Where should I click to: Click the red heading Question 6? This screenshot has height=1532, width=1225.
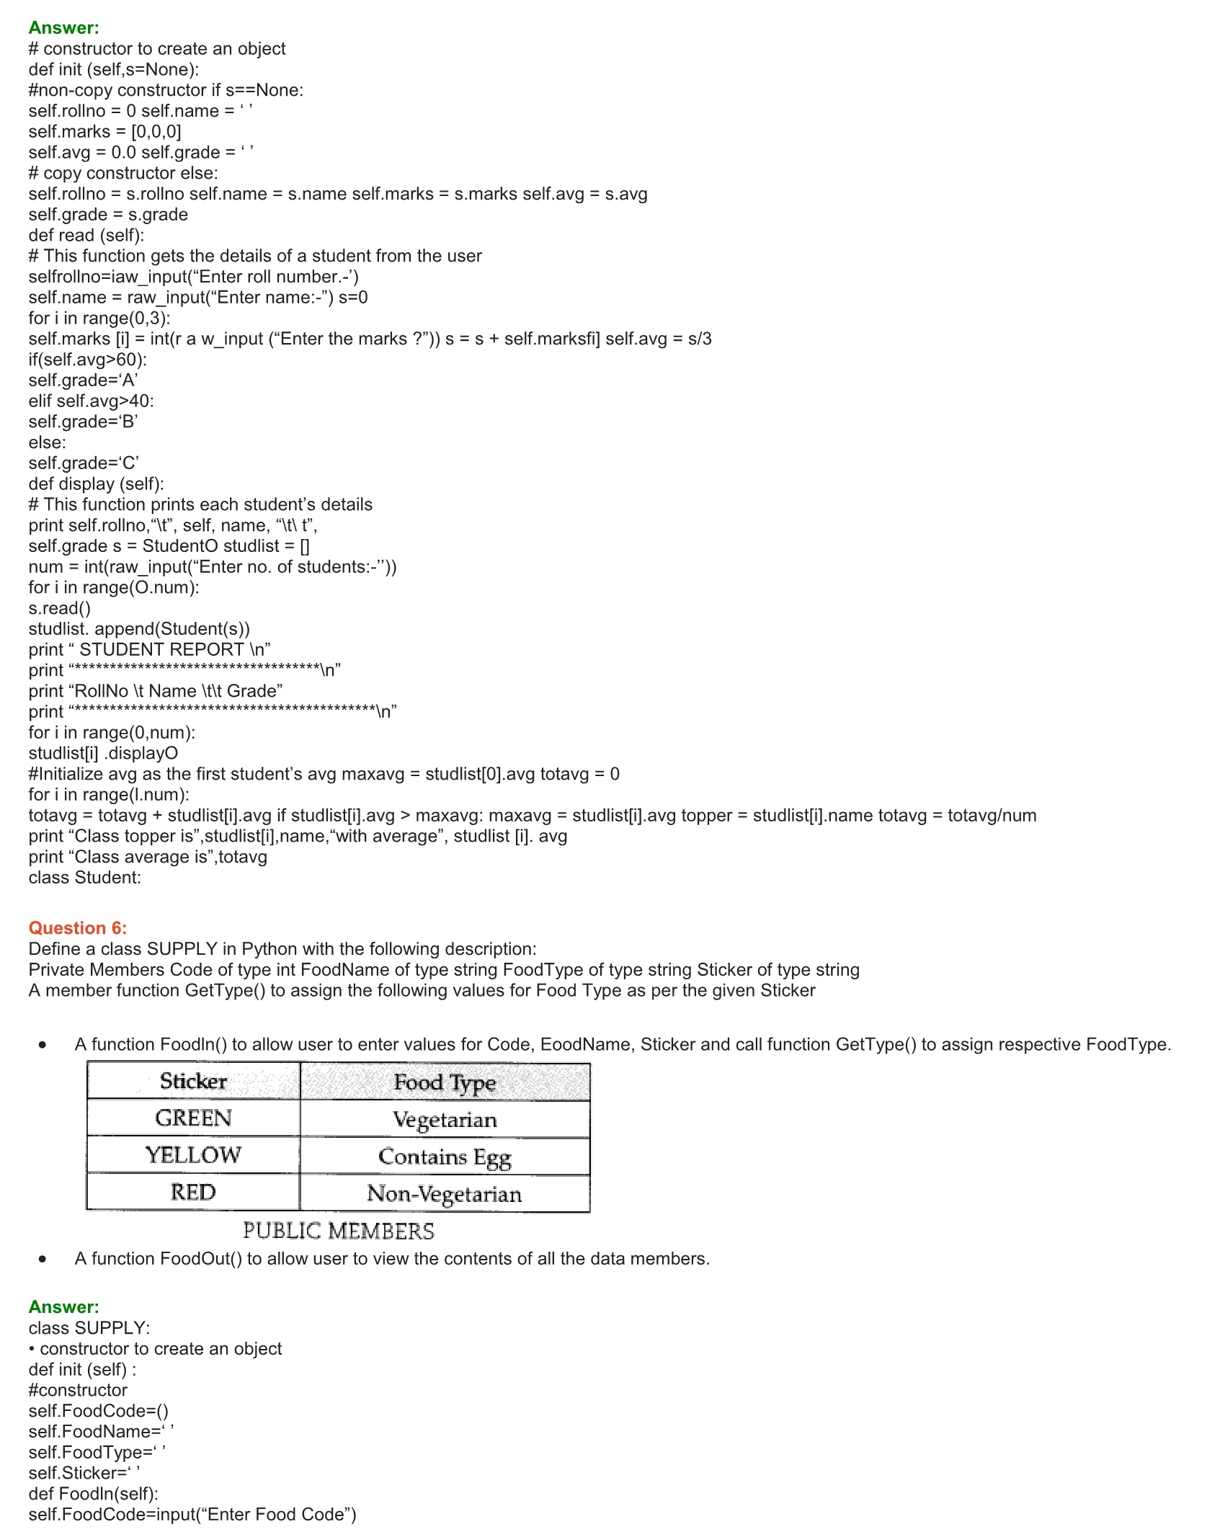tap(77, 928)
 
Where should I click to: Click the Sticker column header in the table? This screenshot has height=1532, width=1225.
tap(193, 1081)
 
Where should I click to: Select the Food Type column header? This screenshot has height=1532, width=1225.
tap(445, 1082)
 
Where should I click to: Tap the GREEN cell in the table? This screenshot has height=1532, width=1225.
tap(193, 1118)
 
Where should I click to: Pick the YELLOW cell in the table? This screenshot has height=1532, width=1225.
tap(193, 1155)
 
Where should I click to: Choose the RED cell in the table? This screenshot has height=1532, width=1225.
tap(193, 1193)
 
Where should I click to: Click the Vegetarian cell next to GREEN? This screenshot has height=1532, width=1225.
tap(445, 1120)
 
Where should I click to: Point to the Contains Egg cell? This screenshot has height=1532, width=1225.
tap(445, 1157)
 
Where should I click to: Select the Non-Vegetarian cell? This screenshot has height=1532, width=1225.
tap(445, 1194)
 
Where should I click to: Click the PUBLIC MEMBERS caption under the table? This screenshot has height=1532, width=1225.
tap(339, 1232)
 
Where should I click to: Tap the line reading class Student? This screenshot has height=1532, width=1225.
tap(85, 878)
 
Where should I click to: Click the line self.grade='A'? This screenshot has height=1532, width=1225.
tap(83, 380)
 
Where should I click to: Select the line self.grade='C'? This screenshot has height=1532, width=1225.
tap(84, 463)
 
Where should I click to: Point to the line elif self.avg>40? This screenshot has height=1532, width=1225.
tap(91, 401)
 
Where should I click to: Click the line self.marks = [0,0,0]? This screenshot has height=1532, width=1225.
tap(104, 132)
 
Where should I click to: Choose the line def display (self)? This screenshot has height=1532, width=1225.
tap(96, 484)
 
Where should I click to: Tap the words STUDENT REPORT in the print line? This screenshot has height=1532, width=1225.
tap(161, 650)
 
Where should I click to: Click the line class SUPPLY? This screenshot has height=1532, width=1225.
tap(89, 1328)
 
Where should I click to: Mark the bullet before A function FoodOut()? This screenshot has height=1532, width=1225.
tap(43, 1260)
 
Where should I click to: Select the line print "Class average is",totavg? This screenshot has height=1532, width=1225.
tap(148, 858)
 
